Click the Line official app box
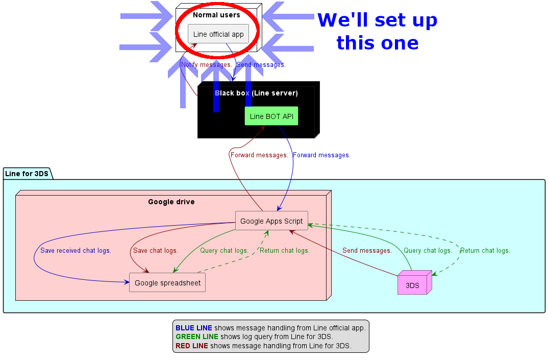pos(218,34)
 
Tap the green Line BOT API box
pos(271,116)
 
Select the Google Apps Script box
pos(271,221)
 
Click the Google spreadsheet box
pos(167,282)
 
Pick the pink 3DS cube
pos(412,285)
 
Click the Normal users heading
pos(216,15)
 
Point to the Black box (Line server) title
pos(256,93)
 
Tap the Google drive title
pos(171,202)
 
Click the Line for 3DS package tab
pos(27,173)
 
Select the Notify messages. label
pos(207,65)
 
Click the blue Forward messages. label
pos(321,155)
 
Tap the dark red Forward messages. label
pos(259,155)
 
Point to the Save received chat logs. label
pos(76,251)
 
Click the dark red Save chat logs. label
pos(156,251)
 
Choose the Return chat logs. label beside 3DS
pos(485,251)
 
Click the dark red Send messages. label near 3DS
pos(367,251)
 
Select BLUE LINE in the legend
pos(194,328)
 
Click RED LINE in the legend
pos(192,346)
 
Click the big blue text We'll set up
pos(377,20)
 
